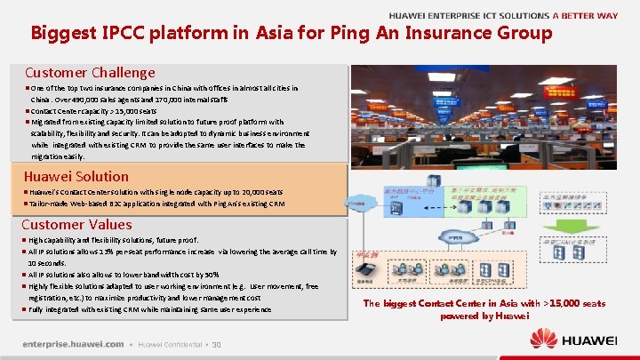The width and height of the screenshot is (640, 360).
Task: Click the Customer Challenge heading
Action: point(90,73)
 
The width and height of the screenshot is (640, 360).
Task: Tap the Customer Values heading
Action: point(76,225)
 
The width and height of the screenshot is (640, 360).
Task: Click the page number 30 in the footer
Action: point(216,345)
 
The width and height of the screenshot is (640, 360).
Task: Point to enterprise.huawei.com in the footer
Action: point(73,344)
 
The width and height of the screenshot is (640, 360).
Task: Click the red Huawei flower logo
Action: point(543,339)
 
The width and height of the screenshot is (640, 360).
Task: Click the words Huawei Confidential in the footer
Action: point(169,345)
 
